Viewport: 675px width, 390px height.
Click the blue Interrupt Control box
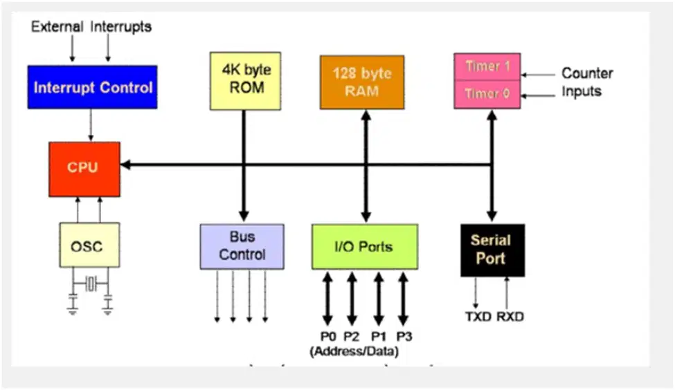(x=92, y=87)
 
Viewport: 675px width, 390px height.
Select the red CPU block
(x=84, y=169)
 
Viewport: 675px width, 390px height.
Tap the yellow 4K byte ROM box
(x=245, y=81)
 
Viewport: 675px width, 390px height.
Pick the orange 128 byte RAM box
(x=362, y=82)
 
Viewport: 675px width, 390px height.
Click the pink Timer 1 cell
(x=487, y=66)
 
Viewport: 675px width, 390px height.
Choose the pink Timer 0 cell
(x=487, y=94)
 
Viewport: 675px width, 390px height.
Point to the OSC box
(x=89, y=245)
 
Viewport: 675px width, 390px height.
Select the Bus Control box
(x=242, y=246)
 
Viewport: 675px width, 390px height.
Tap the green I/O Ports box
(x=365, y=246)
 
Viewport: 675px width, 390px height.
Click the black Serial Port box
(x=492, y=250)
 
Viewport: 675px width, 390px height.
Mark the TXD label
(x=478, y=317)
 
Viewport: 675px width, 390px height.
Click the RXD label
(x=510, y=317)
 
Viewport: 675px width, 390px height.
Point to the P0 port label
(x=328, y=336)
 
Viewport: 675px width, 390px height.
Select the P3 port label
(x=404, y=336)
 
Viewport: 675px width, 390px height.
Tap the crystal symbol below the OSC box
(x=91, y=284)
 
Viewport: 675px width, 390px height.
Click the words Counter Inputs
(x=587, y=82)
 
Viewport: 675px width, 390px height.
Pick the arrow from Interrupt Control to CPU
(x=91, y=125)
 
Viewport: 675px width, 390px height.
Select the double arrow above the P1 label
(x=379, y=299)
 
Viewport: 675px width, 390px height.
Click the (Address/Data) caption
(x=354, y=351)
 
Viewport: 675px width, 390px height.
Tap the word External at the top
(x=57, y=27)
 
